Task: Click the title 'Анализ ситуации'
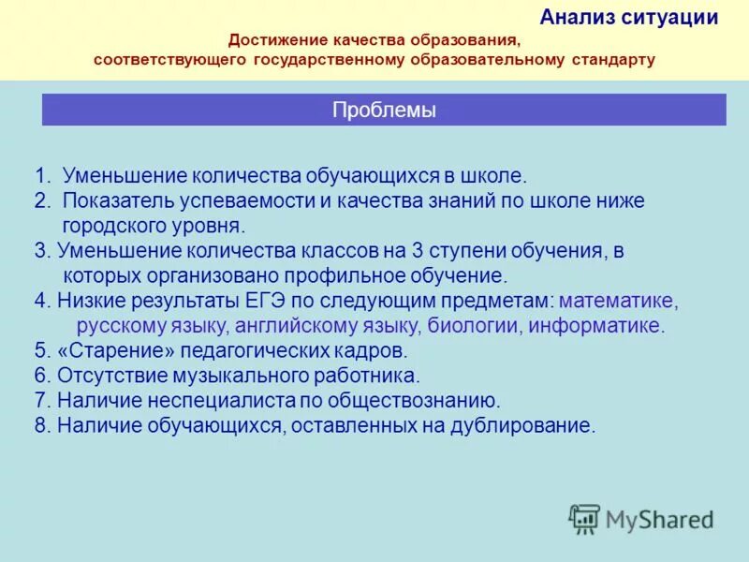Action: [629, 17]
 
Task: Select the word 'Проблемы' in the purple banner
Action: [384, 111]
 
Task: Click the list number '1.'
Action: [43, 175]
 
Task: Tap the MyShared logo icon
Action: [584, 519]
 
